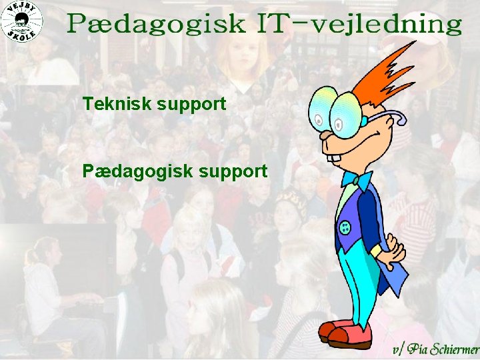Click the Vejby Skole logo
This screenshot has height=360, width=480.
coord(21,21)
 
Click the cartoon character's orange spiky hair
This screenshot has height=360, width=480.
coord(387,73)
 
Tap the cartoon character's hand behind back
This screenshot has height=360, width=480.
coord(394,250)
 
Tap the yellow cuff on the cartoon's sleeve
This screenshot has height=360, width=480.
coord(377,251)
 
